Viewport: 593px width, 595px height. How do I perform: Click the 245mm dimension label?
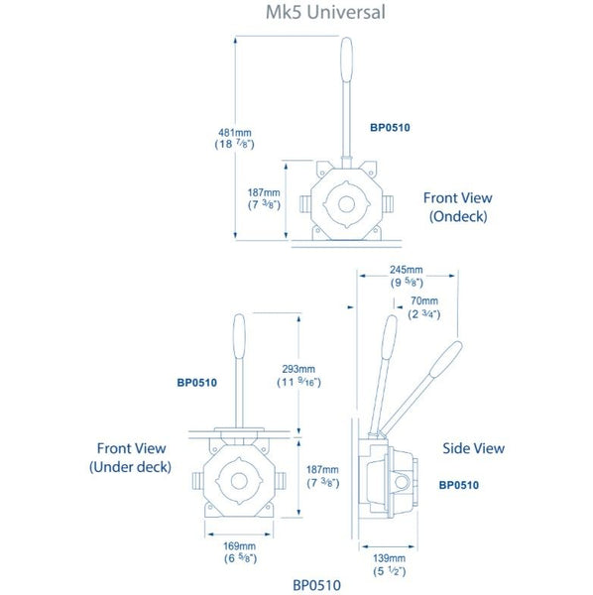[406, 269]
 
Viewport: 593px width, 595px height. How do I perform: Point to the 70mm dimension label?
[423, 300]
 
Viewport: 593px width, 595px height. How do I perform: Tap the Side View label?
[474, 448]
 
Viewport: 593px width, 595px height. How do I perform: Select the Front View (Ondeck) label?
[457, 206]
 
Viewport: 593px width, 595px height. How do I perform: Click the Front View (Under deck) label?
[130, 456]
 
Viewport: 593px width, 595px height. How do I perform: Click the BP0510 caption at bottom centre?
[316, 585]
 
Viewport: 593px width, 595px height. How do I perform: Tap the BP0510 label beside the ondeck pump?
[390, 128]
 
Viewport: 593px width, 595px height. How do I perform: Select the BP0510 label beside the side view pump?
[459, 485]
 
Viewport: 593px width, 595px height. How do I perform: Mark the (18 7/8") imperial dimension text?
[238, 144]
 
